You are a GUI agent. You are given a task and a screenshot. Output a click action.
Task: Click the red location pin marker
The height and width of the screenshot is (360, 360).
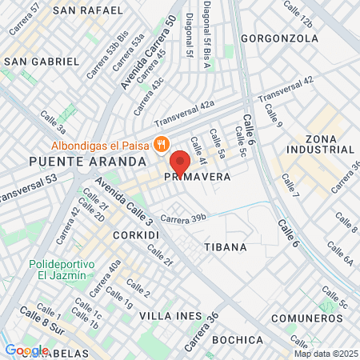pyautogui.click(x=180, y=162)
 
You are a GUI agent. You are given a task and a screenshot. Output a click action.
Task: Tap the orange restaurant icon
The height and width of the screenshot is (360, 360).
pyautogui.click(x=162, y=145)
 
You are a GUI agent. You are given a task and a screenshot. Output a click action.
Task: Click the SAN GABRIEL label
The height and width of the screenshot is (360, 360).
pyautogui.click(x=42, y=61)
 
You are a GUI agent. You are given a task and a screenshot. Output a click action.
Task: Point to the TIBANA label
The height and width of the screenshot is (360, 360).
pyautogui.click(x=226, y=247)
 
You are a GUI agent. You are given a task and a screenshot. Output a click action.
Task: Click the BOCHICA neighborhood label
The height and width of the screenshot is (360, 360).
pyautogui.click(x=238, y=340)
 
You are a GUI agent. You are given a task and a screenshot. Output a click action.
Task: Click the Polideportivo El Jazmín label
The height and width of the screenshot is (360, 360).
pyautogui.click(x=62, y=270)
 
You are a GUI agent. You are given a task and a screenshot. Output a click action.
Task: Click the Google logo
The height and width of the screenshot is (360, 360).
pyautogui.click(x=26, y=350)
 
